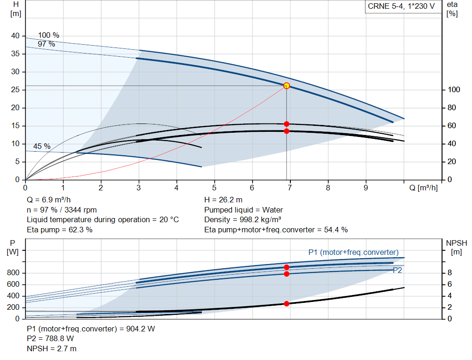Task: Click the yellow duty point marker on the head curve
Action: pos(286,86)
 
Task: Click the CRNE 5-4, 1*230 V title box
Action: pos(401,6)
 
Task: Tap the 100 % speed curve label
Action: pos(48,35)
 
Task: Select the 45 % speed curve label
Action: pos(42,146)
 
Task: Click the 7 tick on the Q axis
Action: pos(289,188)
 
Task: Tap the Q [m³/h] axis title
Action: pos(424,188)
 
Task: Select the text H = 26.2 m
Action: pos(223,200)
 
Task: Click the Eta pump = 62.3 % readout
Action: pos(59,230)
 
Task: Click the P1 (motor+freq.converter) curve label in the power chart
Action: pos(353,252)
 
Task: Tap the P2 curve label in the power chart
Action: pos(397,271)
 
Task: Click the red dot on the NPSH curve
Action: pos(286,304)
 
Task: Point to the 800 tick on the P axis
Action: pos(13,273)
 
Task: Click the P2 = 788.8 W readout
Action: pos(50,338)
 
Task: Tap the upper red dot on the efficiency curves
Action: pos(286,124)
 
